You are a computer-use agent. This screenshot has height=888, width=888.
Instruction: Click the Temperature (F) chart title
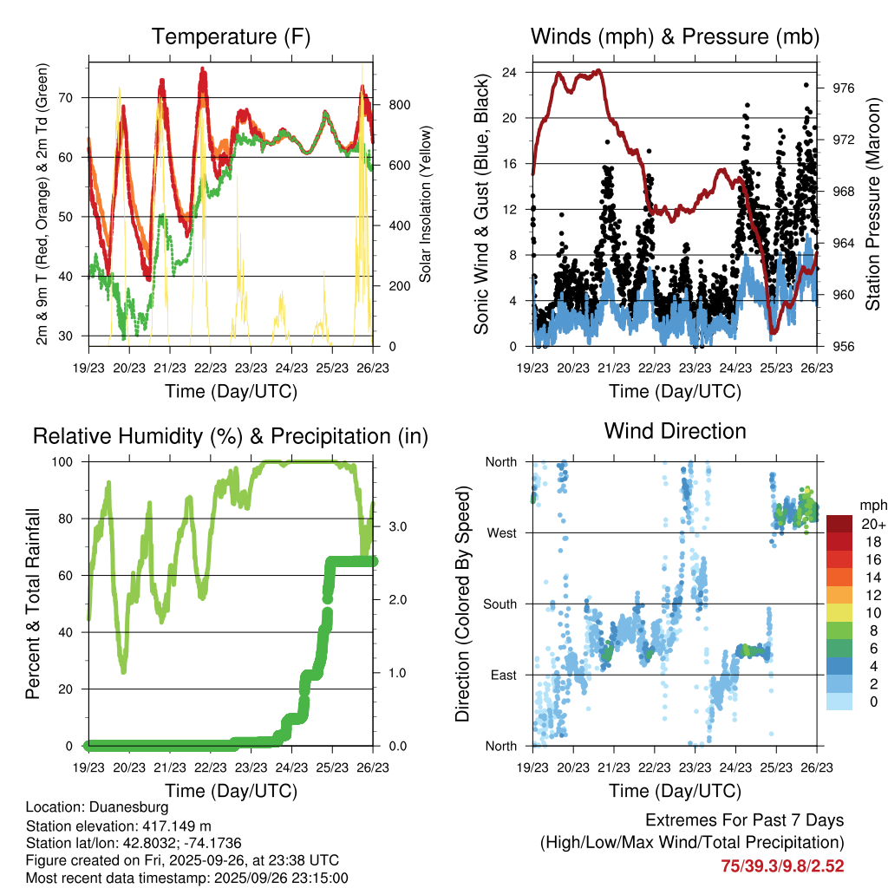click(x=231, y=37)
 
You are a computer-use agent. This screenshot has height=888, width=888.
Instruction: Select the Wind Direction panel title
click(x=675, y=431)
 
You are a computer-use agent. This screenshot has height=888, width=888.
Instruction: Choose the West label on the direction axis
click(x=502, y=532)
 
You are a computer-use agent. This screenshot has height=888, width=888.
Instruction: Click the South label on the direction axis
click(x=499, y=604)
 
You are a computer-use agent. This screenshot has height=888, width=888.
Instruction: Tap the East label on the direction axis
click(x=503, y=675)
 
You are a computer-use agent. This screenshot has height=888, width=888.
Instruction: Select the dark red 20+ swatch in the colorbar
click(x=839, y=524)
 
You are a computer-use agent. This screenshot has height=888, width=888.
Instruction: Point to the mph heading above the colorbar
click(x=872, y=505)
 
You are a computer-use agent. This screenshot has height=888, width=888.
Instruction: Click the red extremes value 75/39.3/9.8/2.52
click(x=782, y=865)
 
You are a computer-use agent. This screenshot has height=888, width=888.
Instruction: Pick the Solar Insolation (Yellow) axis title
click(x=426, y=205)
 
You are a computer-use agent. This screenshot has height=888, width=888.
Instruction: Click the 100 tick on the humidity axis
click(x=68, y=461)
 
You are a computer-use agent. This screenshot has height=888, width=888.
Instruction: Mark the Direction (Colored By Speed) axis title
click(x=463, y=604)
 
